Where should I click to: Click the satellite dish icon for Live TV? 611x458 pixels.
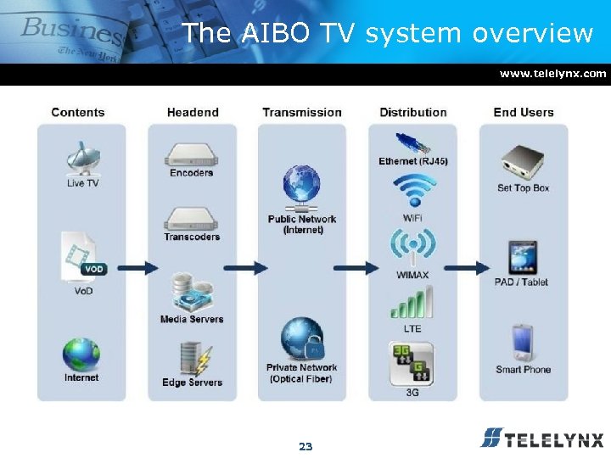pos(81,158)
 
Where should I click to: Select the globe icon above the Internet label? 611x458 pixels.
pos(81,355)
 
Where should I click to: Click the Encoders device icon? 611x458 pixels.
pos(191,154)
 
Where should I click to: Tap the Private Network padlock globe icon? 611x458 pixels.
pos(302,339)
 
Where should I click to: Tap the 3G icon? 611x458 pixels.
pos(412,363)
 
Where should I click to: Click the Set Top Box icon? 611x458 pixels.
pos(522,161)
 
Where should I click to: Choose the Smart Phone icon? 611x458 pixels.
pos(522,343)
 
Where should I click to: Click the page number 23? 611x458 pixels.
pos(305,445)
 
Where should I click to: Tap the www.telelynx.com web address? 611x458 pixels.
pos(552,74)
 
